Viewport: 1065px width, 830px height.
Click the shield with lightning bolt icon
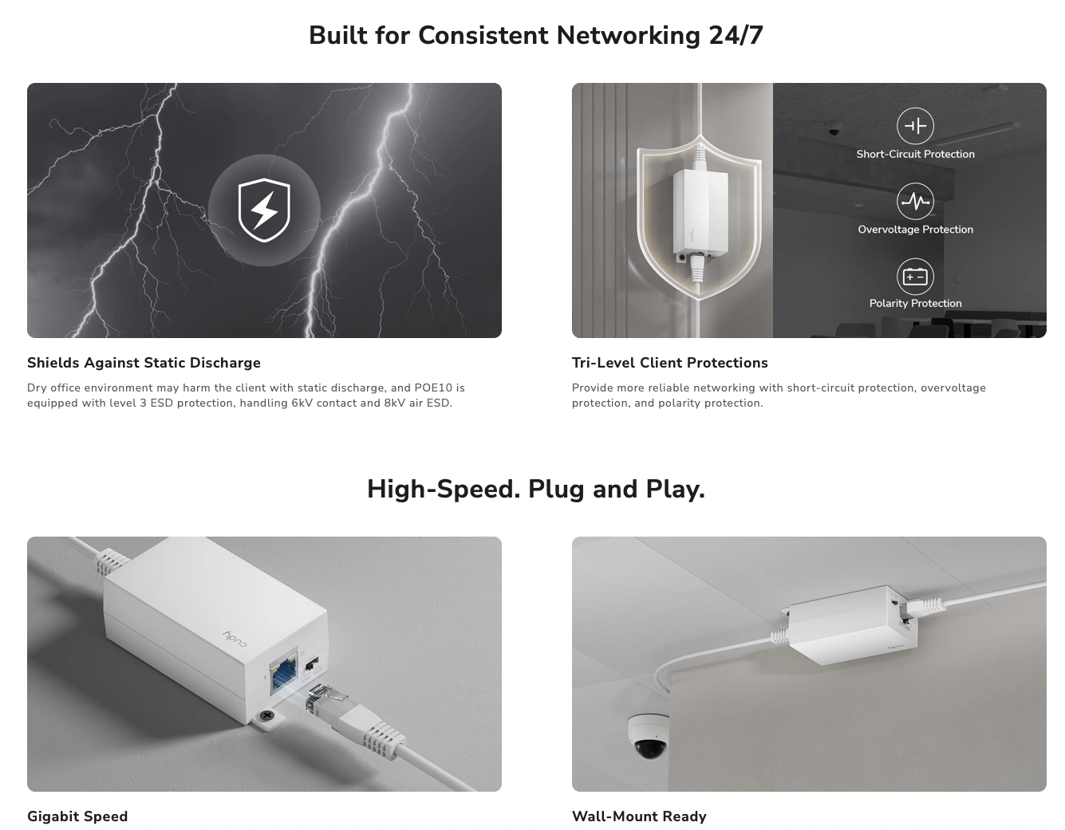coord(264,210)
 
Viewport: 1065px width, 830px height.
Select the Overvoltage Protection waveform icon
coord(915,201)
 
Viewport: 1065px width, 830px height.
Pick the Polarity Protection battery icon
coord(915,277)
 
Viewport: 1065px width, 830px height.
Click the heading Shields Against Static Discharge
coord(144,363)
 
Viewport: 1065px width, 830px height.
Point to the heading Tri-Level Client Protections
coord(669,363)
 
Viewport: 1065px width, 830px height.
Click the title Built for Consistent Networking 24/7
coord(535,35)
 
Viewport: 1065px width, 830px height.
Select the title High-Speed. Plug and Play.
coord(535,489)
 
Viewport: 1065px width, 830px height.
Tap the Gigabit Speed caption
coord(77,816)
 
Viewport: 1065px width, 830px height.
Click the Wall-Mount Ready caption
coord(639,816)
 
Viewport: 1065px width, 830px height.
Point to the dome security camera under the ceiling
coord(649,736)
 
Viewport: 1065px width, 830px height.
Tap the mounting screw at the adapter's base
coord(266,716)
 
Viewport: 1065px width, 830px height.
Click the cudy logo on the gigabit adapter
coord(235,638)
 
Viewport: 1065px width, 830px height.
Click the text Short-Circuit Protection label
coord(915,154)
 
